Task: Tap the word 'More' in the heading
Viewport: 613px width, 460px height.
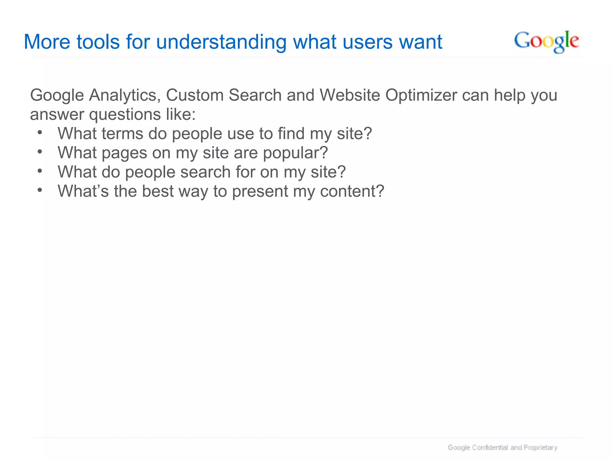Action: click(47, 42)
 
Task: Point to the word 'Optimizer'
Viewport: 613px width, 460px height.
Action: click(421, 95)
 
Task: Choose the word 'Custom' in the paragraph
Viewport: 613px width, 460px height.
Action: click(195, 95)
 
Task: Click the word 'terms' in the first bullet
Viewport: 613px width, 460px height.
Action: click(122, 134)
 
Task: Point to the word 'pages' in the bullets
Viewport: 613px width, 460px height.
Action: click(125, 153)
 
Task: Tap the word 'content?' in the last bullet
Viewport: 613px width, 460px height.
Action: click(352, 191)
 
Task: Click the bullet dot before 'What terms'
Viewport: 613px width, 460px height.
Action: click(40, 132)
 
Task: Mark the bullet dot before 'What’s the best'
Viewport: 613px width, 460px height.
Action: click(40, 190)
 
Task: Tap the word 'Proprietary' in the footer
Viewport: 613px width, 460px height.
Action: click(541, 447)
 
